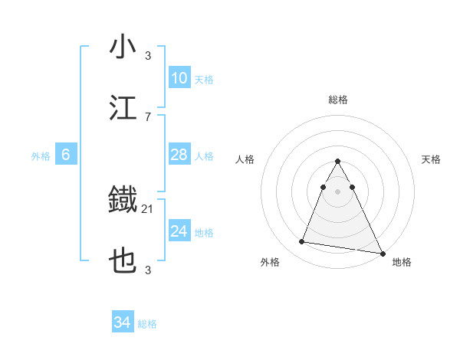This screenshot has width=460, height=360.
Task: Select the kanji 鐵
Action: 123,201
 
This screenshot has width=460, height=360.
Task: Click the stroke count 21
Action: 148,208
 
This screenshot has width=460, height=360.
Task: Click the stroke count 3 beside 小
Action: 148,55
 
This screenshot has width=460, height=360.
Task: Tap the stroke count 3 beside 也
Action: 148,270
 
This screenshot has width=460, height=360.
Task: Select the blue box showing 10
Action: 179,78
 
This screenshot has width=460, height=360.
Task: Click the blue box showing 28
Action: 179,155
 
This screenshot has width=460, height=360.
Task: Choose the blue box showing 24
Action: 179,232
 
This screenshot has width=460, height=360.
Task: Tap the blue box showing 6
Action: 66,155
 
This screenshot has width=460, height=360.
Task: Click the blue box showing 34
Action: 123,323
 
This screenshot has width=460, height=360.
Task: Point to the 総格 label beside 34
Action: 147,324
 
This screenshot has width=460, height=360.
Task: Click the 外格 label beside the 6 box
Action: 41,156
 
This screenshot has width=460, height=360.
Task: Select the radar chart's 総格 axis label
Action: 338,100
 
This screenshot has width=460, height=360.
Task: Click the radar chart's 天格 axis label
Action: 431,159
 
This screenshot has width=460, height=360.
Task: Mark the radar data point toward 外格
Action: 302,242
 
